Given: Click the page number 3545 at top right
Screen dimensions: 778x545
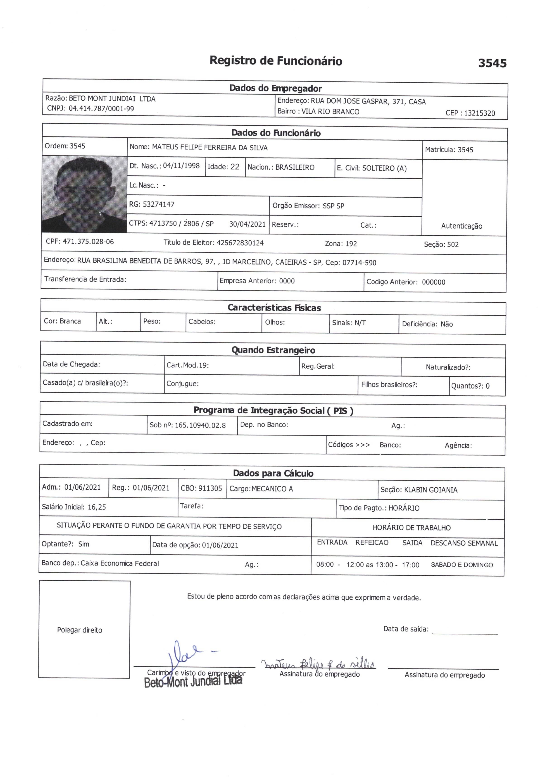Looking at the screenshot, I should pyautogui.click(x=492, y=63).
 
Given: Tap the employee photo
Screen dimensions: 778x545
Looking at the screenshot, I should pyautogui.click(x=84, y=194).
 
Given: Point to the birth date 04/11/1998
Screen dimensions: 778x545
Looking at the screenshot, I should pyautogui.click(x=181, y=166).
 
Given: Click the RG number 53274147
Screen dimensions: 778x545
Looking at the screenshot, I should pyautogui.click(x=159, y=204).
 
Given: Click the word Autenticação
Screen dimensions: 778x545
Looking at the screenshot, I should pyautogui.click(x=461, y=226).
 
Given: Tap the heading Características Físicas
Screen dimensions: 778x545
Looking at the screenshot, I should pyautogui.click(x=274, y=308).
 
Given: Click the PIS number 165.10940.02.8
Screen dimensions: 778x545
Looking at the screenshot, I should pyautogui.click(x=200, y=425).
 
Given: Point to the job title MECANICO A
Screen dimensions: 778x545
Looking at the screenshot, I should pyautogui.click(x=272, y=489).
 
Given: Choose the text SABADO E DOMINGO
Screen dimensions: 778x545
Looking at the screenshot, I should pyautogui.click(x=462, y=565).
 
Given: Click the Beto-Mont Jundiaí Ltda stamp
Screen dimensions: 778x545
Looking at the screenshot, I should pyautogui.click(x=193, y=681).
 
